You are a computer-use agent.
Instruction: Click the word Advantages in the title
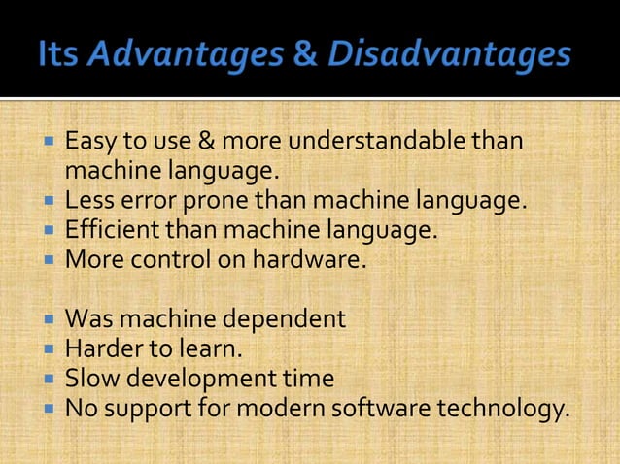(185, 54)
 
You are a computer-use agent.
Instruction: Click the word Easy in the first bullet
(90, 144)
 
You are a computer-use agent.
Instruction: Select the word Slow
(88, 379)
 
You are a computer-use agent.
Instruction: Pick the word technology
(504, 408)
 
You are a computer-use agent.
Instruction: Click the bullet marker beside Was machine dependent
(50, 318)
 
